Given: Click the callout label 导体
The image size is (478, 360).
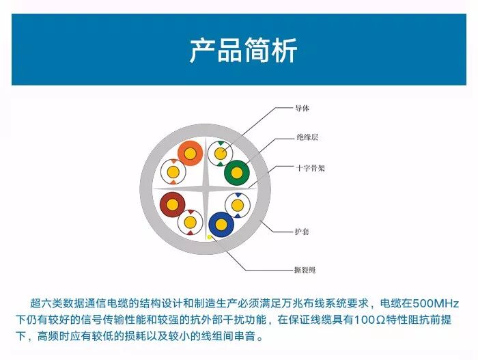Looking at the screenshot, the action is pos(303,108).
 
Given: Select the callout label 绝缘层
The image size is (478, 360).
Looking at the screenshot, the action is pos(307,137).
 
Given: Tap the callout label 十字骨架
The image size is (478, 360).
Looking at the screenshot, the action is pos(311,167).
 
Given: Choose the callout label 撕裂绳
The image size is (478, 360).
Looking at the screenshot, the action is pos(305,270).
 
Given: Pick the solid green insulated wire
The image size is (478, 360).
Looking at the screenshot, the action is pos(238,174).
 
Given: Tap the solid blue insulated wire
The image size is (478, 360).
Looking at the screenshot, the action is pos(221,223).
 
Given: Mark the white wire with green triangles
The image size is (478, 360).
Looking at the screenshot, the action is pos(220,154).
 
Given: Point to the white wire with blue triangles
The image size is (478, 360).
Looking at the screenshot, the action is pos(238,205).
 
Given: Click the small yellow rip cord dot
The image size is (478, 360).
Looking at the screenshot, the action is pos(210,236).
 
